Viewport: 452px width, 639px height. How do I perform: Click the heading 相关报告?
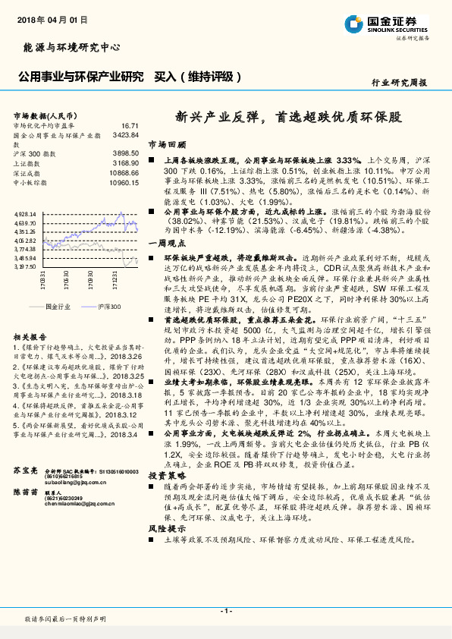30,336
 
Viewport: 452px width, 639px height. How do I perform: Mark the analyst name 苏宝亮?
26,471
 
